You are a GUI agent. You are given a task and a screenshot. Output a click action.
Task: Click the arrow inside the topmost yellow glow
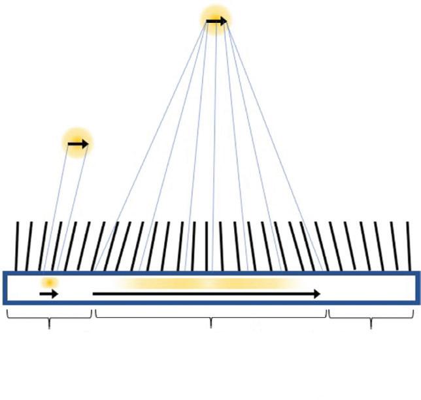coord(216,22)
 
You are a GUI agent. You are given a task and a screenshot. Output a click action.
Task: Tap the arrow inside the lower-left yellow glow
coord(78,143)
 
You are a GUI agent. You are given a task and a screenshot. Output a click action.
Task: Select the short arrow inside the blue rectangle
coord(49,294)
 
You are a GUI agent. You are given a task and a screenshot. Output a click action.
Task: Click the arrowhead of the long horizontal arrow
coord(316,294)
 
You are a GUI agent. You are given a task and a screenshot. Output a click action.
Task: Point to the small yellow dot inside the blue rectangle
coord(49,283)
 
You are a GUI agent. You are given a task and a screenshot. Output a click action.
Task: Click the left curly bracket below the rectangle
coord(49,316)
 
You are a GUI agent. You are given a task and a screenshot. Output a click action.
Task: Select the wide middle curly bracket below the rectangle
coord(210,316)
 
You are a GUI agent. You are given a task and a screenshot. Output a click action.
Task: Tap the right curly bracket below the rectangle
coord(371,316)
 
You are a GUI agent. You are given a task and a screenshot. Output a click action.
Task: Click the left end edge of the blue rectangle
coord(5,288)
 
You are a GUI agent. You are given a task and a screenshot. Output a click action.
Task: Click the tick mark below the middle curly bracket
coord(210,325)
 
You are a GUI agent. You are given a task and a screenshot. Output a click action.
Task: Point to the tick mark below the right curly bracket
coord(371,325)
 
